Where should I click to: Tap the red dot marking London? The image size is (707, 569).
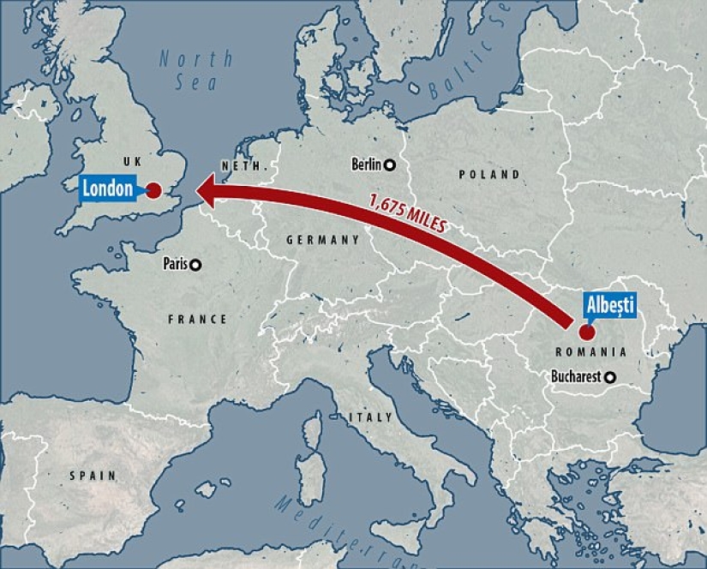[x=153, y=191]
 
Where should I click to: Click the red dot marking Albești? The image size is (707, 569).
[x=587, y=331]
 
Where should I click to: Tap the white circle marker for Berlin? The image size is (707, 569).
[x=389, y=165]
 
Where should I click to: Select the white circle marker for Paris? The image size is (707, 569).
[x=196, y=265]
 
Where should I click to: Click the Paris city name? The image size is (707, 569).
[x=175, y=265]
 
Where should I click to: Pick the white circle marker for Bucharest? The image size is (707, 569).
[x=610, y=377]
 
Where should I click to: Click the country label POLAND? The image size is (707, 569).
[x=488, y=175]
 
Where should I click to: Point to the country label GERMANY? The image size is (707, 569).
[x=322, y=241]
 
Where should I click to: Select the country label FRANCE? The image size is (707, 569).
[x=197, y=320]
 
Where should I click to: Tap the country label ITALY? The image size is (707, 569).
[x=370, y=417]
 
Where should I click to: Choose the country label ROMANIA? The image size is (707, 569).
[x=590, y=352]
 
